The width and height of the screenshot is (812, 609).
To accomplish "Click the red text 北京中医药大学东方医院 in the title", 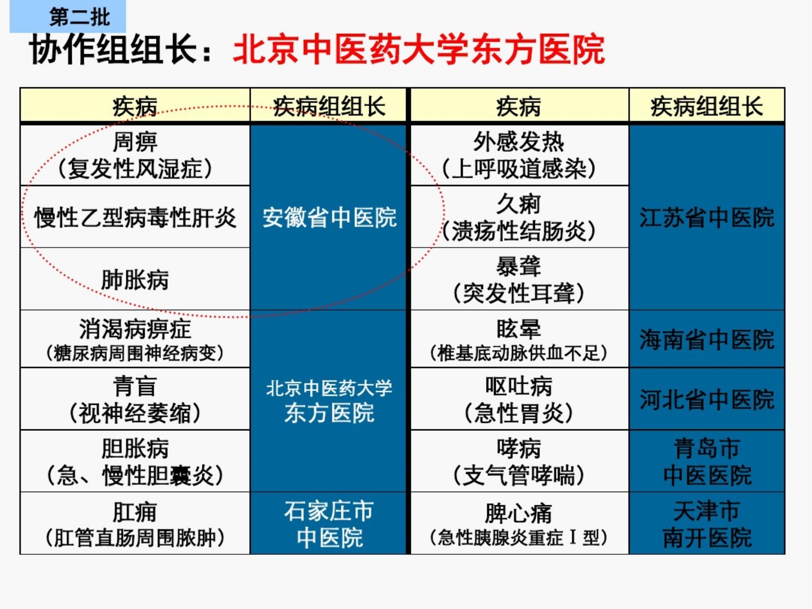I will pyautogui.click(x=418, y=50).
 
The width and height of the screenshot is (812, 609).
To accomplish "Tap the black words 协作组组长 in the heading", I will pyautogui.click(x=113, y=50).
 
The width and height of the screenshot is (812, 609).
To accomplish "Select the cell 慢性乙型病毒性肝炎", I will pyautogui.click(x=135, y=217).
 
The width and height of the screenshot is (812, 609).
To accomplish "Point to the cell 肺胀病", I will pyautogui.click(x=135, y=279).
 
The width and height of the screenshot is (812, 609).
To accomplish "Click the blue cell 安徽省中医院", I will pyautogui.click(x=329, y=217).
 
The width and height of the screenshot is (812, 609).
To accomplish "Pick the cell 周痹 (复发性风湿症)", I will pyautogui.click(x=135, y=155).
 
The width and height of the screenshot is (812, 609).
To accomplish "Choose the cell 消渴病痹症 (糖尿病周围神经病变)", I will pyautogui.click(x=135, y=339).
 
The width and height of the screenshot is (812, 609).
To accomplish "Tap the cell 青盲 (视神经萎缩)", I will pyautogui.click(x=135, y=399).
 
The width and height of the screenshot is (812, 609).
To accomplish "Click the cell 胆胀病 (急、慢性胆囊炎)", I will pyautogui.click(x=135, y=461).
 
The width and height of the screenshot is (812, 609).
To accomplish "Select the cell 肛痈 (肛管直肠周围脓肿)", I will pyautogui.click(x=135, y=524).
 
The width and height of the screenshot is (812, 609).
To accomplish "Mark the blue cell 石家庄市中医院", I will pyautogui.click(x=329, y=524).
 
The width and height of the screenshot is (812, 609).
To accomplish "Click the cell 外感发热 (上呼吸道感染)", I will pyautogui.click(x=519, y=155).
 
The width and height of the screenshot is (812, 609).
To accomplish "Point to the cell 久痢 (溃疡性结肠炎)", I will pyautogui.click(x=519, y=217).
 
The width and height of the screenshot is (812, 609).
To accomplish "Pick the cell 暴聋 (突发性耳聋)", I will pyautogui.click(x=519, y=279).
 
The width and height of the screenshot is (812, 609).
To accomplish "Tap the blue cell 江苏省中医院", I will pyautogui.click(x=707, y=217).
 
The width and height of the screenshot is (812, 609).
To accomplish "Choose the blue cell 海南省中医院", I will pyautogui.click(x=707, y=339).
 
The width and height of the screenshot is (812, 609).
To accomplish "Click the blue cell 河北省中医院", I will pyautogui.click(x=707, y=399).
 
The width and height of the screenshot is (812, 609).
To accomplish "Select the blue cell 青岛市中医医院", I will pyautogui.click(x=707, y=461).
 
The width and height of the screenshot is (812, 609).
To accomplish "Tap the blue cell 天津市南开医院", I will pyautogui.click(x=707, y=524).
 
